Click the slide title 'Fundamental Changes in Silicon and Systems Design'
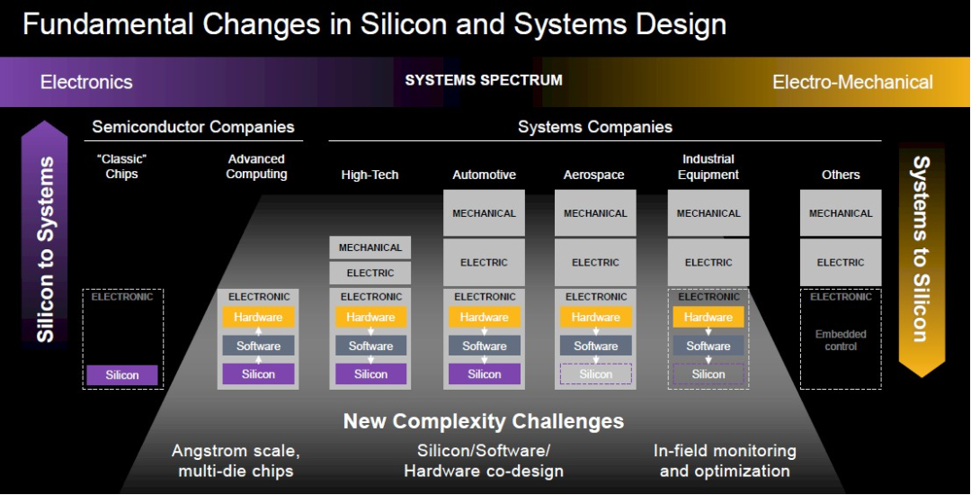coord(374,25)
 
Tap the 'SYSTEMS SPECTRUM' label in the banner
coord(484,80)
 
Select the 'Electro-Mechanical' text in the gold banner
coord(852,82)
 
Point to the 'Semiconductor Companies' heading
coord(193,127)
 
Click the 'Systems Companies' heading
coord(595,127)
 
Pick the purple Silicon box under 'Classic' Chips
coord(122,374)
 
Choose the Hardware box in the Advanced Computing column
coord(258,317)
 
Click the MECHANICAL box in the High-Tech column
coord(370,247)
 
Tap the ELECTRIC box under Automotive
coord(485,263)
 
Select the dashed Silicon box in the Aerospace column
coord(596,374)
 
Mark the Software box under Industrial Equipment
coord(708,346)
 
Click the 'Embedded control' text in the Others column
coord(841,340)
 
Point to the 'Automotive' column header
coord(485,175)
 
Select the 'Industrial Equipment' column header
coord(708,166)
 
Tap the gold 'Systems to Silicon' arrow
coord(922,260)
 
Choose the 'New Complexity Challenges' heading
coord(484,421)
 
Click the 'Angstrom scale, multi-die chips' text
coord(236,461)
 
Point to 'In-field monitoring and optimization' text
coord(725,461)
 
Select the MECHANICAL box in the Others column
coord(841,213)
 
